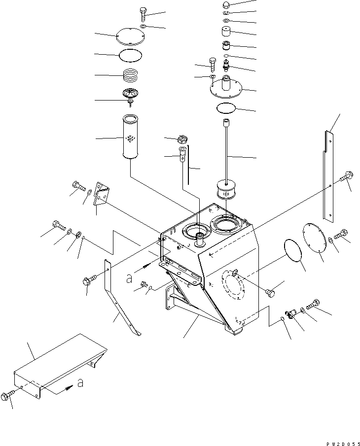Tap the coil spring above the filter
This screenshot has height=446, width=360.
pyautogui.click(x=131, y=76)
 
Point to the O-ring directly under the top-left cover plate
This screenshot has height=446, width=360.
pyautogui.click(x=131, y=55)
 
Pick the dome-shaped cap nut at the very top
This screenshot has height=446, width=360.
pyautogui.click(x=225, y=4)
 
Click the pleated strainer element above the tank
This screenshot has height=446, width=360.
pyautogui.click(x=225, y=190)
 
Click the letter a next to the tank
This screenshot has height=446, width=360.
pyautogui.click(x=129, y=279)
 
